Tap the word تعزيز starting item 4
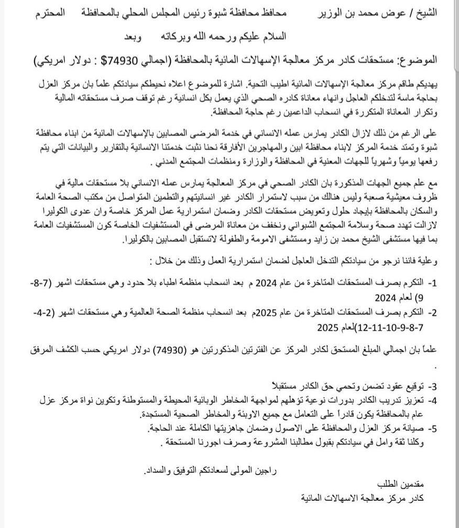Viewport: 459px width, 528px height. pyautogui.click(x=412, y=401)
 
